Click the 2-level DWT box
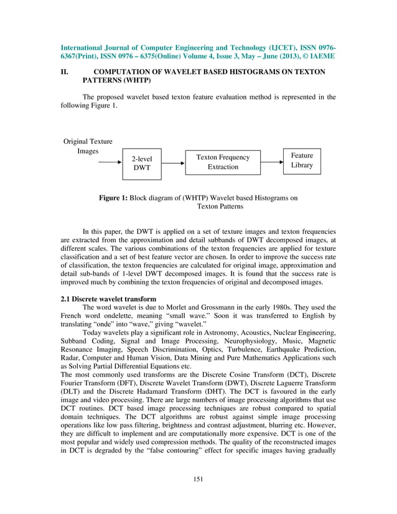click(x=142, y=163)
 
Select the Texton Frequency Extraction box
click(x=223, y=162)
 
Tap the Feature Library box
click(x=301, y=161)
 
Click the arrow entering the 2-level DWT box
click(x=110, y=163)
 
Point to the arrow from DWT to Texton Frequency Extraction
click(x=173, y=162)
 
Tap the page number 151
click(x=198, y=479)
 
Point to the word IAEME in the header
click(x=320, y=56)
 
